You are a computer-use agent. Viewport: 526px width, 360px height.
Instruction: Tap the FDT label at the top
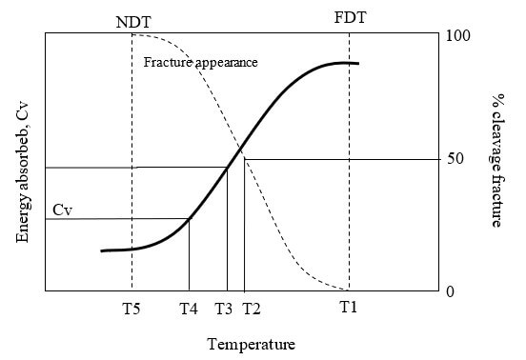[x=349, y=18]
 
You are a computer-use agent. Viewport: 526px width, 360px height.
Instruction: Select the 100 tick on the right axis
[x=458, y=36]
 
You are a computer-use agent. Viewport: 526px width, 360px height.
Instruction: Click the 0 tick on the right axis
[x=452, y=291]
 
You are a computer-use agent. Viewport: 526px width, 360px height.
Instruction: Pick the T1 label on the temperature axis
[x=350, y=309]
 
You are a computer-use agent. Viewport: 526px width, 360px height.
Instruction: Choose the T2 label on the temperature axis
[x=251, y=309]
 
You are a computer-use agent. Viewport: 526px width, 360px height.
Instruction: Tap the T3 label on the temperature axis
[x=224, y=309]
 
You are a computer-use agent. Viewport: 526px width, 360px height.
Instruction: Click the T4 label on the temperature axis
[x=189, y=309]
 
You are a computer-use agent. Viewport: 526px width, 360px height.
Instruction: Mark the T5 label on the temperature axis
[x=131, y=309]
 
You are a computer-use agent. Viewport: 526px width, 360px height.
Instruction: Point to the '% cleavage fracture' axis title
[x=496, y=160]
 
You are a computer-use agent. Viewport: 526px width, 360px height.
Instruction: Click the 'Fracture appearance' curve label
[x=201, y=62]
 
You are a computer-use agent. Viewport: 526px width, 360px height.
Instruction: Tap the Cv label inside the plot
[x=63, y=209]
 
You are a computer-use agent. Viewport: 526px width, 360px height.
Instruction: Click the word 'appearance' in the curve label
[x=226, y=62]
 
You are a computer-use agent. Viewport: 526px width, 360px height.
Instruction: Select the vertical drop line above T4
[x=189, y=254]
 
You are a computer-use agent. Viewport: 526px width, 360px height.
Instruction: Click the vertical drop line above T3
[x=227, y=229]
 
